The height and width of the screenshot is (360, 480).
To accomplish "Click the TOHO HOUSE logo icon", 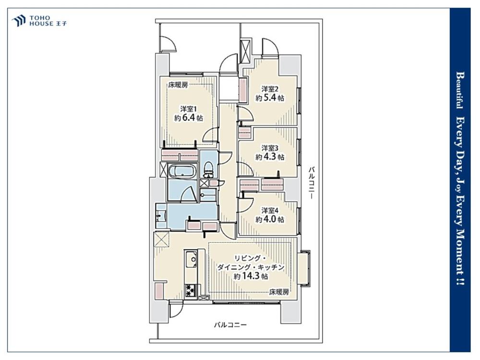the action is tap(19, 21).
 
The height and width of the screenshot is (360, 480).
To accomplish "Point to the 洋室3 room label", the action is tap(270, 148).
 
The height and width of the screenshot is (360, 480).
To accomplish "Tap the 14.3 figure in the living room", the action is tap(251, 276).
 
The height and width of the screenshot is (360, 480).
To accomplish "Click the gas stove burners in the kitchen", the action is tap(191, 290).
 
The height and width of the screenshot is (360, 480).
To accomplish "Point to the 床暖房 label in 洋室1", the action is tap(178, 85).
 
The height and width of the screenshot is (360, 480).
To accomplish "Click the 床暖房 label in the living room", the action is tap(279, 292).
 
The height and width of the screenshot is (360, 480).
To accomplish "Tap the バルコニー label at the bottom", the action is tap(230, 325).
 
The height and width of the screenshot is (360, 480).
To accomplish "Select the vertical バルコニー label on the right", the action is tap(312, 183).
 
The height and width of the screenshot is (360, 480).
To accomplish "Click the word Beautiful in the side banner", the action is tap(459, 90).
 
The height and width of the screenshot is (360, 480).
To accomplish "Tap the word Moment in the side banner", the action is tap(460, 251).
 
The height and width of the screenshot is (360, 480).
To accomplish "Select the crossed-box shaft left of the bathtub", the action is tap(163, 169).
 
